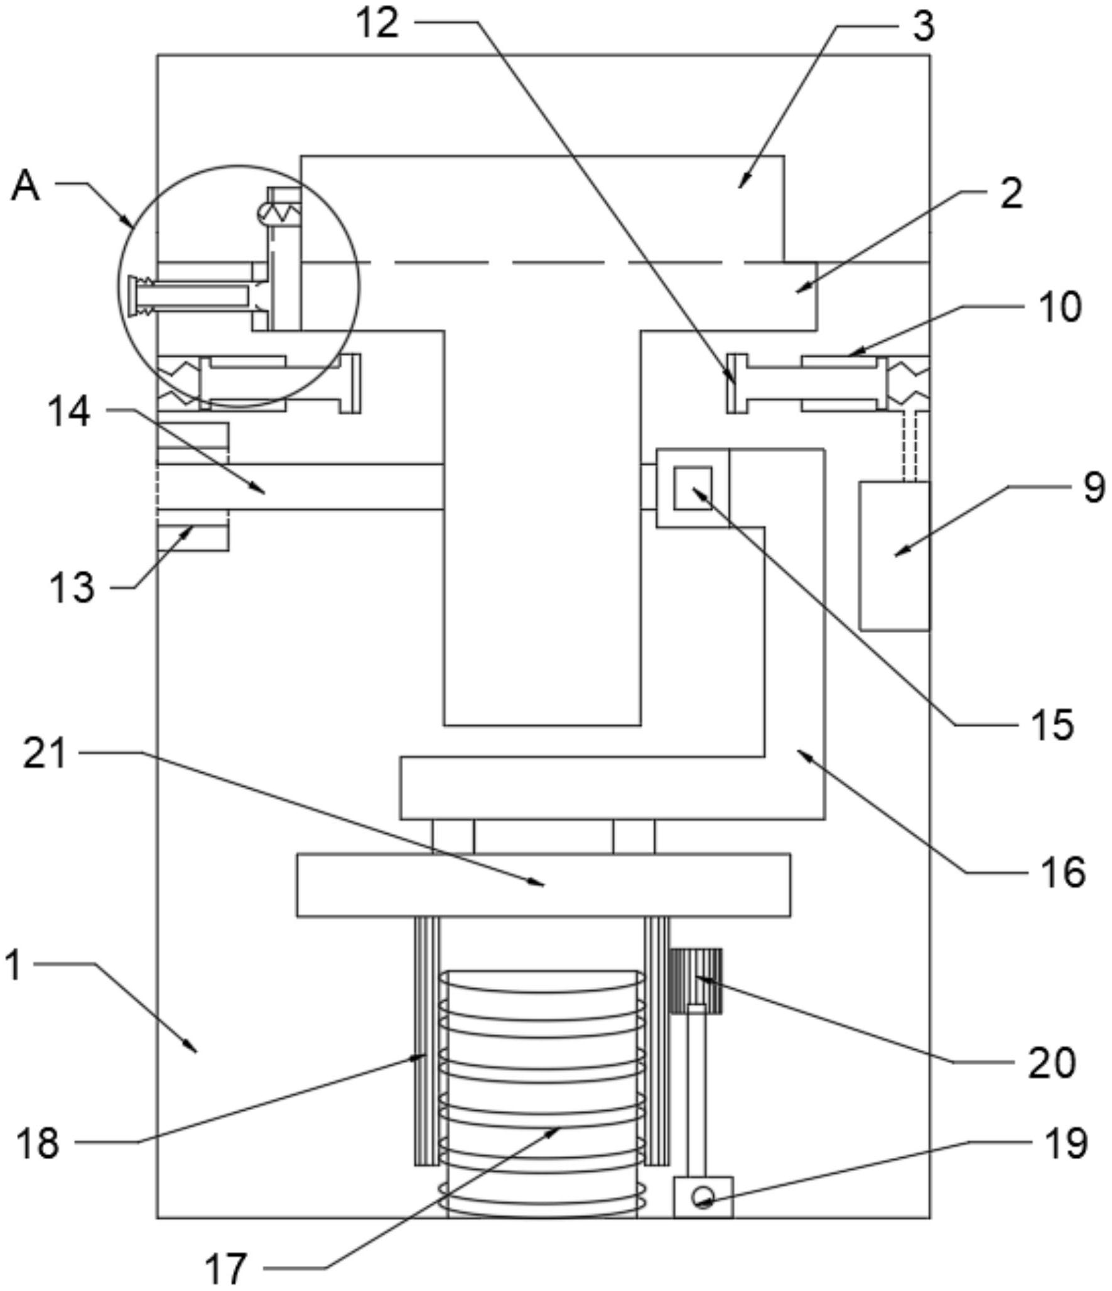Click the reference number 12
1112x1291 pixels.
pos(377,24)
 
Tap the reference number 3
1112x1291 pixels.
pos(922,27)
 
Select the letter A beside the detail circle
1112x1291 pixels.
pos(26,186)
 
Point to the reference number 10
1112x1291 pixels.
pos(1060,307)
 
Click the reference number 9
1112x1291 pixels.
pos(1094,487)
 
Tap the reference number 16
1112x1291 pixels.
pos(1063,872)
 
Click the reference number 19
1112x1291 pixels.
pos(1066,1143)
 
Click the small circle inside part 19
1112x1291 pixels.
pos(703,1197)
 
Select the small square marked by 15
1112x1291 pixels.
pos(693,488)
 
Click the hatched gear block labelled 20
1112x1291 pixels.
pos(696,981)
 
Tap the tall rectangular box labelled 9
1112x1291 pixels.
pos(894,555)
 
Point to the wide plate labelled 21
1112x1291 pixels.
pos(543,885)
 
